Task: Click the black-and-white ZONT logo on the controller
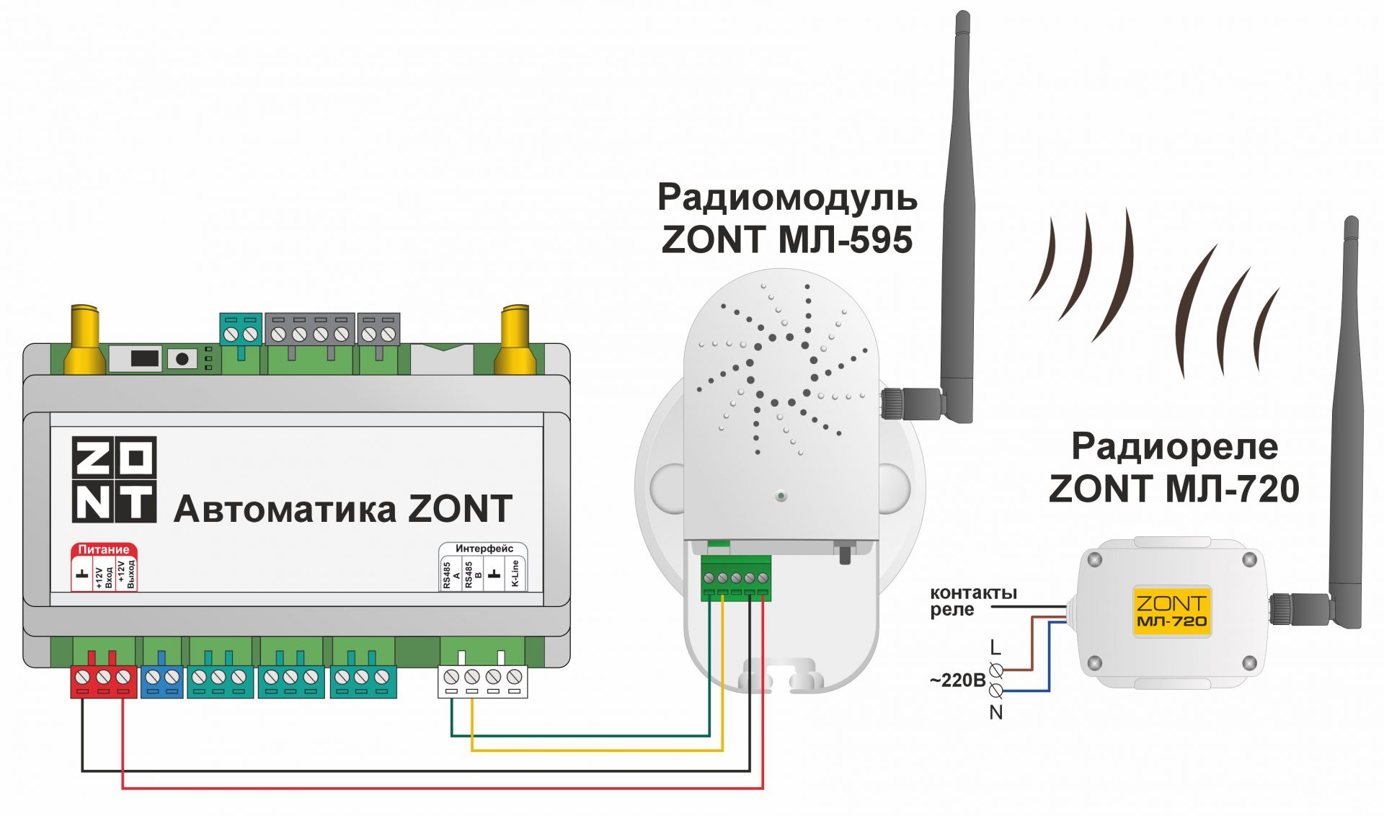pyautogui.click(x=114, y=479)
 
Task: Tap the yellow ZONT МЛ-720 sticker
pyautogui.click(x=1171, y=611)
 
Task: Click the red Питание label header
pyautogui.click(x=104, y=549)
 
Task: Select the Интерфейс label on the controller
pyautogui.click(x=484, y=549)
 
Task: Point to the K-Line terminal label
pyautogui.click(x=515, y=574)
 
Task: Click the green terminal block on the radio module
pyautogui.click(x=735, y=578)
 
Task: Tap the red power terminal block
pyautogui.click(x=104, y=680)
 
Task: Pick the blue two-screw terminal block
pyautogui.click(x=161, y=680)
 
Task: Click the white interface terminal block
pyautogui.click(x=482, y=680)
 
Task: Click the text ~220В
pyautogui.click(x=957, y=680)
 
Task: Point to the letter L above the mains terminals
pyautogui.click(x=995, y=647)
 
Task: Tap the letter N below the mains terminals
pyautogui.click(x=995, y=712)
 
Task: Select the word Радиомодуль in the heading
pyautogui.click(x=786, y=197)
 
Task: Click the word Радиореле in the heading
pyautogui.click(x=1174, y=446)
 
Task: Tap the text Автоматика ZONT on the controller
pyautogui.click(x=343, y=509)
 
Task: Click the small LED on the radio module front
pyautogui.click(x=780, y=496)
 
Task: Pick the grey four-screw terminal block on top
pyautogui.click(x=310, y=333)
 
